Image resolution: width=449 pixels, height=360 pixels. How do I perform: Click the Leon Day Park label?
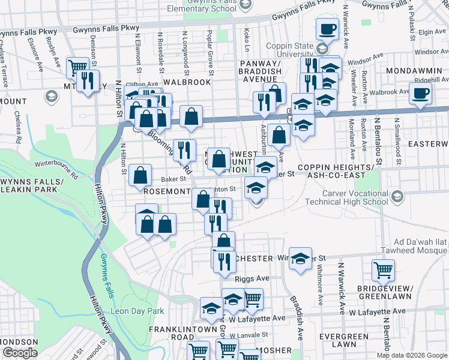pyautogui.click(x=137, y=312)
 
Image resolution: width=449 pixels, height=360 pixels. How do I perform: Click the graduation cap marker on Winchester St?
pyautogui.click(x=300, y=258)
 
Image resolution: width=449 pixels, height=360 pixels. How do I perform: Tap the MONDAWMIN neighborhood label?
pyautogui.click(x=416, y=70)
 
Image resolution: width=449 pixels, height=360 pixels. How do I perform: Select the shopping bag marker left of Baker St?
pyautogui.click(x=140, y=176)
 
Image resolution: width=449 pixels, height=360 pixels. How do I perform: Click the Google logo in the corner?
pyautogui.click(x=20, y=353)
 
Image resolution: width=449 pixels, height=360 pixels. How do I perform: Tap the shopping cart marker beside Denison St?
pyautogui.click(x=77, y=68)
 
